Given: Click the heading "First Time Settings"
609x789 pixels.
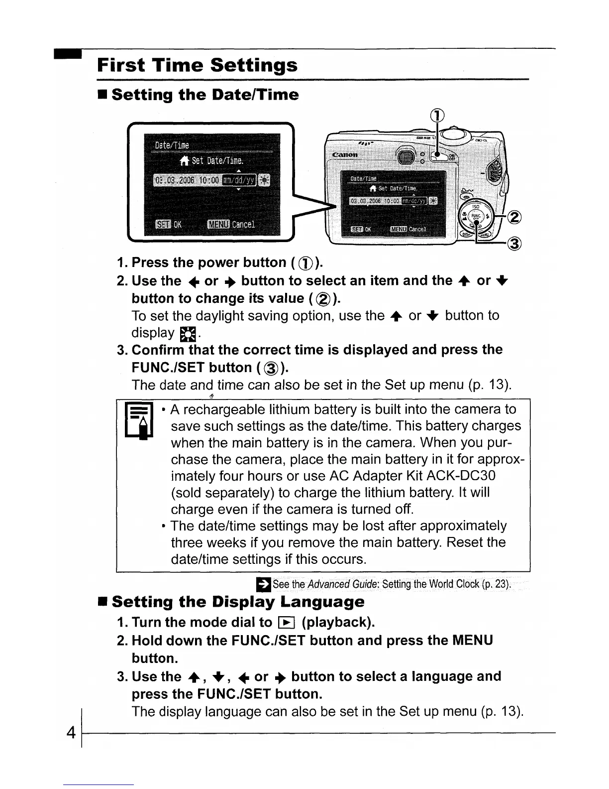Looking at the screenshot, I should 197,65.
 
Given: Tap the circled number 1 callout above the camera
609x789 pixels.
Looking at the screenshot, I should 437,116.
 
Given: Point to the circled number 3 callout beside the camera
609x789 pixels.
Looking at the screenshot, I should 515,244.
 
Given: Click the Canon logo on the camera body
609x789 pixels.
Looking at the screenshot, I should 345,155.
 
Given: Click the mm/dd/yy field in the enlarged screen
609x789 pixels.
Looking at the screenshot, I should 239,180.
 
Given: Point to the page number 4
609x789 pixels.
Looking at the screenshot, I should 71,733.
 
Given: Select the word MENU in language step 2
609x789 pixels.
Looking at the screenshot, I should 472,640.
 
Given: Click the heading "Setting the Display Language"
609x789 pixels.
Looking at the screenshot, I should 238,602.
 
